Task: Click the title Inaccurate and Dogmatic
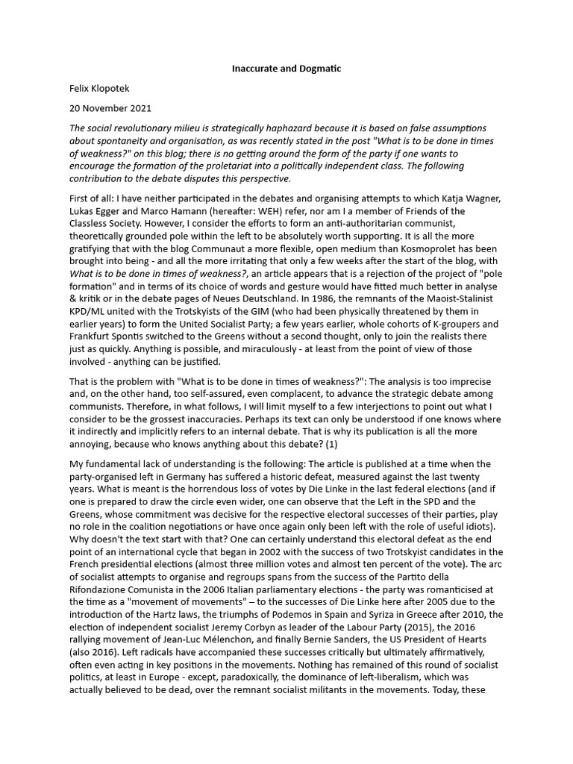286,69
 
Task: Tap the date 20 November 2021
110,108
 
